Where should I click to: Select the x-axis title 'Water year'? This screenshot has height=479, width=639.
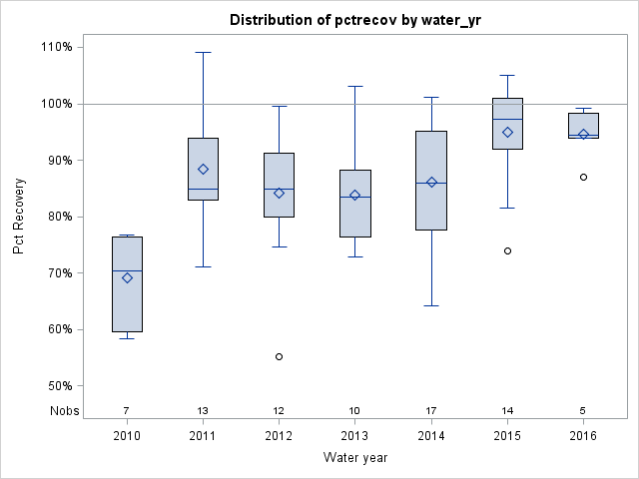pos(354,457)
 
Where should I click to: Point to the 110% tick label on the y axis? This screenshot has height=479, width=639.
pos(55,47)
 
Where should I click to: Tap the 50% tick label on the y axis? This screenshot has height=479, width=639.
pos(58,385)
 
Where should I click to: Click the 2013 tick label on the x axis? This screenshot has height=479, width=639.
pos(354,435)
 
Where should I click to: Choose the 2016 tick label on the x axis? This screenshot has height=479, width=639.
pos(583,435)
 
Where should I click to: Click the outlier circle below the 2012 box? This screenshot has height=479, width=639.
pos(279,356)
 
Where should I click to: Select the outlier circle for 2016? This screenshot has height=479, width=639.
pos(583,177)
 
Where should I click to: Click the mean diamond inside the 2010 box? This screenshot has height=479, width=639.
pos(127,278)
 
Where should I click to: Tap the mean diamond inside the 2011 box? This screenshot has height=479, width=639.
pos(203,170)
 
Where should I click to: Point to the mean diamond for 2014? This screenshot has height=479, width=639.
pos(431,183)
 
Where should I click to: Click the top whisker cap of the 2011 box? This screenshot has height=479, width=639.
pos(203,52)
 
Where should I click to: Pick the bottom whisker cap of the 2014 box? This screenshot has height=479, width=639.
pos(431,305)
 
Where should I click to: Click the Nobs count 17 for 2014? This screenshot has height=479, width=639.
pos(431,410)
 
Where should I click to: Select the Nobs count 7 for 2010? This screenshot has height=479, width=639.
pos(127,410)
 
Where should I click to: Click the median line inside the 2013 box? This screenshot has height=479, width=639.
pos(354,197)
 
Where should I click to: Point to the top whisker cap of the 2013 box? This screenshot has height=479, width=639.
pos(354,86)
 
